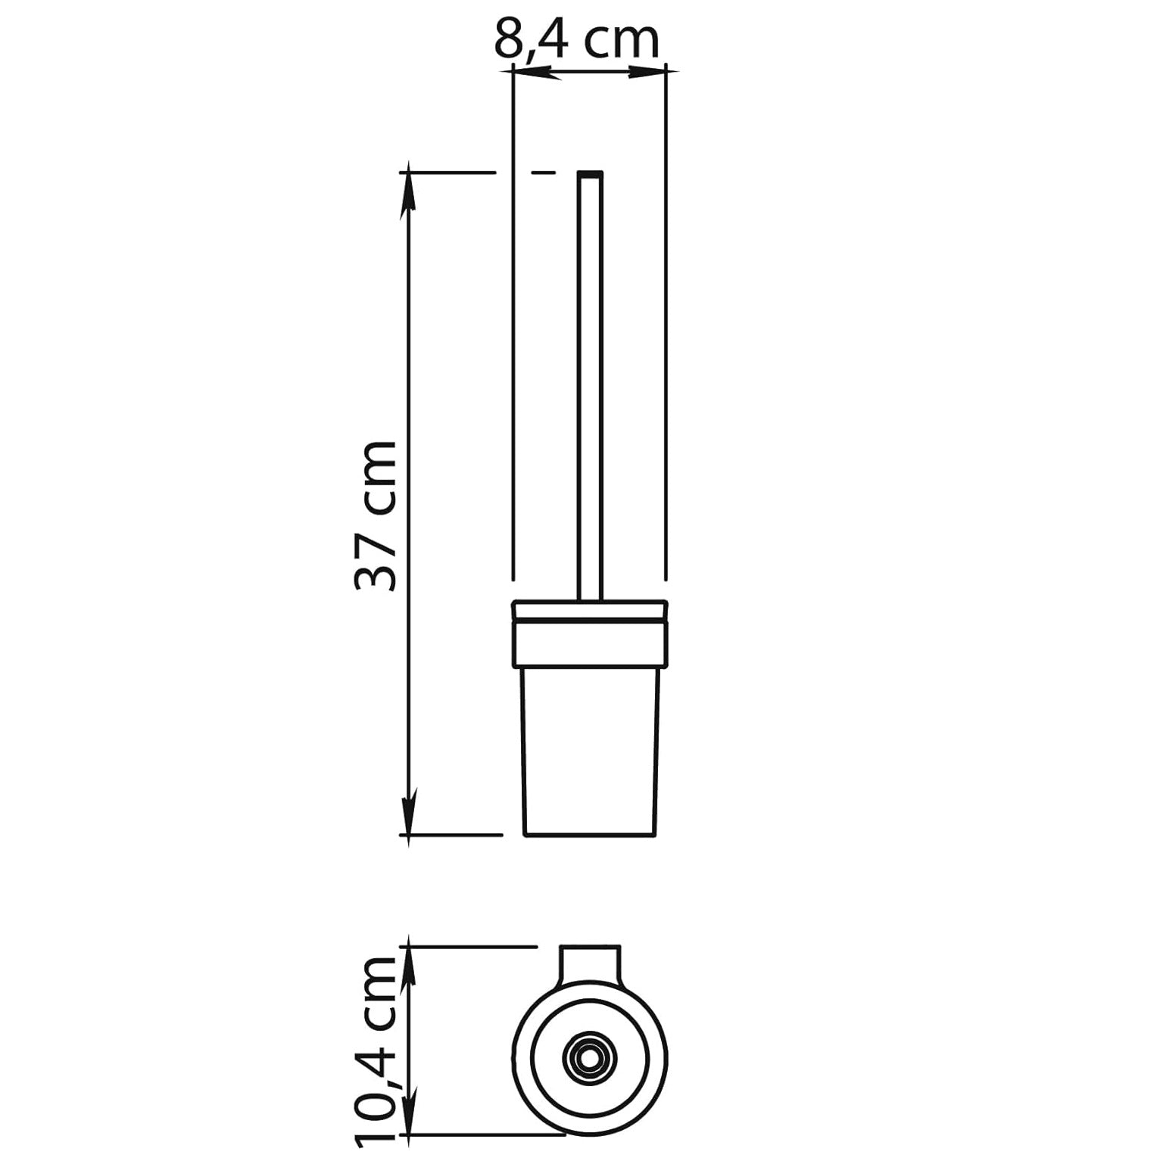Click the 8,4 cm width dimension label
[x=577, y=41]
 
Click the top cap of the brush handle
[x=590, y=174]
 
